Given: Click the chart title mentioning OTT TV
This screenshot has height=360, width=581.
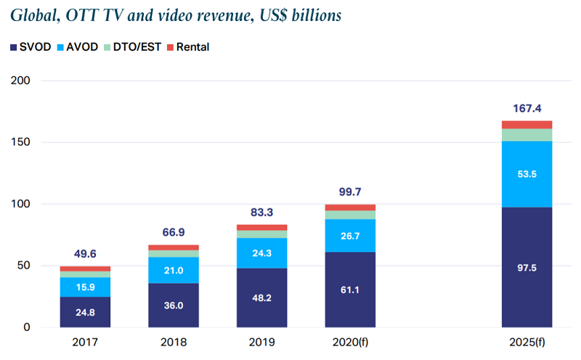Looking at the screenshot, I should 175,15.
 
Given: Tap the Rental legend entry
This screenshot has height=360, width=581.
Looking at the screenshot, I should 188,47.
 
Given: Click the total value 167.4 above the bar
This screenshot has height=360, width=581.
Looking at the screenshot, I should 527,107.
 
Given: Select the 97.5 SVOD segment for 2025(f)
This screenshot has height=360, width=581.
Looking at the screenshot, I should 527,267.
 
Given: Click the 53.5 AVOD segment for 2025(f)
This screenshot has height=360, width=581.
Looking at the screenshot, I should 527,174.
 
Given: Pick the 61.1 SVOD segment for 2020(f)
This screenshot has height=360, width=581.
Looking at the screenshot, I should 351,290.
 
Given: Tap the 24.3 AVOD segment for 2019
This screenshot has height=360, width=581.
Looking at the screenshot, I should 262,253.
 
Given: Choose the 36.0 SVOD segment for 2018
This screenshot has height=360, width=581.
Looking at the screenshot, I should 174,305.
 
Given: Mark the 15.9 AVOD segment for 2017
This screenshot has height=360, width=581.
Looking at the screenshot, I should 85,287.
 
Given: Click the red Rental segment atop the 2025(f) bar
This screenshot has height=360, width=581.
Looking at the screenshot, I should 527,125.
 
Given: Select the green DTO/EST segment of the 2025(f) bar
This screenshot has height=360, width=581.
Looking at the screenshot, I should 527,135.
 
